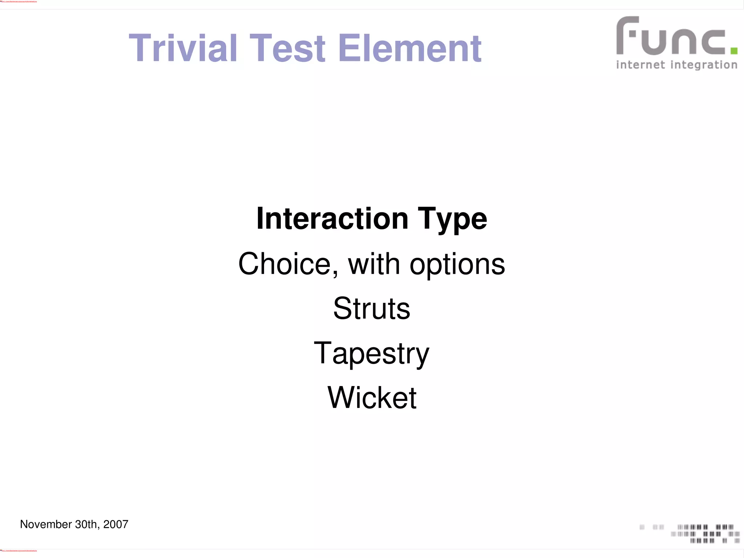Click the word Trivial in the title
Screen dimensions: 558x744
pos(183,48)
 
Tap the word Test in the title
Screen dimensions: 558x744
pos(287,48)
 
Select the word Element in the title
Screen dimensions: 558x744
pos(409,48)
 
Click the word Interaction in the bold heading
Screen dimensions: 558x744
pos(332,219)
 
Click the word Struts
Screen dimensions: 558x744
pos(372,309)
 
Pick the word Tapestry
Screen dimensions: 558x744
pos(371,354)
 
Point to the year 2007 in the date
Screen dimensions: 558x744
pos(116,524)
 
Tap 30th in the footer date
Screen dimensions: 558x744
pos(87,524)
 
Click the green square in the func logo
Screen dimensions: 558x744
pos(733,51)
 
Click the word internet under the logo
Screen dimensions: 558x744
pos(640,65)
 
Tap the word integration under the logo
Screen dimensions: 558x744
pos(704,65)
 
